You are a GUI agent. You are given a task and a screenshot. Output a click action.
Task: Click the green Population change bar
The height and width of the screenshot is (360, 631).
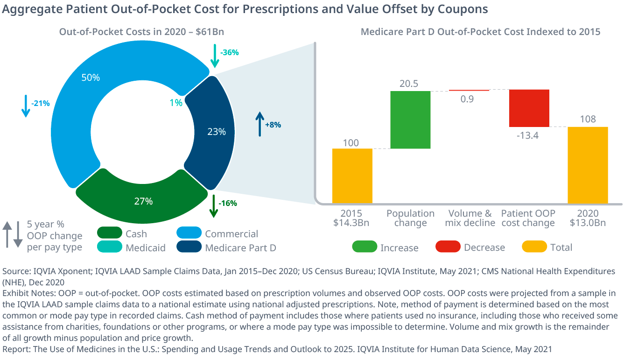[410, 120]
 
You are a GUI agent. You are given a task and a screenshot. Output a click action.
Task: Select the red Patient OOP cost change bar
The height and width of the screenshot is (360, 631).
[529, 108]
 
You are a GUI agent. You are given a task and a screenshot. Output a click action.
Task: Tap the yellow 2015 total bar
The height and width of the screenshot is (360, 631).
[352, 176]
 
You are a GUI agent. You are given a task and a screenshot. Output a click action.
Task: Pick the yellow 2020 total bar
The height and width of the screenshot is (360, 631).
[588, 165]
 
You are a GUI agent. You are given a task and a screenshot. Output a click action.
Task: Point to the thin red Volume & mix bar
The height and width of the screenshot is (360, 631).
[469, 90]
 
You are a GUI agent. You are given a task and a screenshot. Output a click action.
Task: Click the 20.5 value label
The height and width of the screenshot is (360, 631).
[409, 84]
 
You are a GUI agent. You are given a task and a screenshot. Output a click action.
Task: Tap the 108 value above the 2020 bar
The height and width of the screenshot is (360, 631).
[588, 119]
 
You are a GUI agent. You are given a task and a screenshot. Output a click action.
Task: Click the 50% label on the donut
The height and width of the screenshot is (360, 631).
[91, 78]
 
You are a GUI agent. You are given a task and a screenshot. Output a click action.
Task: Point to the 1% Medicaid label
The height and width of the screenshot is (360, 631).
[176, 103]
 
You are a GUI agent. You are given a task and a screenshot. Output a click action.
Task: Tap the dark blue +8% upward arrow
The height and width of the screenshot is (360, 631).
[259, 124]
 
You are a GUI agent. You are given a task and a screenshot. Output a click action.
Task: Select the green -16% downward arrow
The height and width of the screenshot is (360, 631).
[214, 206]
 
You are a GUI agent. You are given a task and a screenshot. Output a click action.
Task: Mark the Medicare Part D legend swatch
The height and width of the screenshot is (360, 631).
[189, 247]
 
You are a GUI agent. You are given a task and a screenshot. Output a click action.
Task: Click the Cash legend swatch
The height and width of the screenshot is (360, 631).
[110, 233]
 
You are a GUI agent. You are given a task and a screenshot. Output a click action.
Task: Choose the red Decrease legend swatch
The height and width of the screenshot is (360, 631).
[448, 247]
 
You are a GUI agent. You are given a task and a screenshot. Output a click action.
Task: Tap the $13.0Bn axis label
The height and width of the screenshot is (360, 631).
[588, 223]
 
